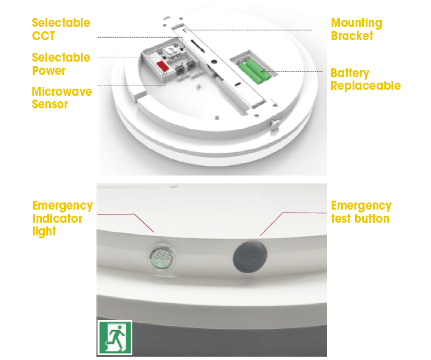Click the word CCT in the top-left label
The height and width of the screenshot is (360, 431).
click(44, 36)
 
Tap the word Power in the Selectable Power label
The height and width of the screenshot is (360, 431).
click(48, 71)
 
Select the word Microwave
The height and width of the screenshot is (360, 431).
click(62, 92)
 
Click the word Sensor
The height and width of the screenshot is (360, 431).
click(50, 104)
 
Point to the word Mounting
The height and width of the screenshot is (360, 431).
click(357, 23)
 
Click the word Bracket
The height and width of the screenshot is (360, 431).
click(352, 36)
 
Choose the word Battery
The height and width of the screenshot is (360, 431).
click(350, 74)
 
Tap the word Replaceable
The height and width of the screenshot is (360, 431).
click(366, 86)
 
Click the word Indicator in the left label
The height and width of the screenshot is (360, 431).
click(57, 219)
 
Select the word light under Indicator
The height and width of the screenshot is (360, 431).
click(44, 232)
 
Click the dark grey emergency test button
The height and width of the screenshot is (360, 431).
click(250, 257)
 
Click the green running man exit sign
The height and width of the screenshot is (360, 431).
click(115, 337)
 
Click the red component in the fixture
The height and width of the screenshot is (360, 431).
click(162, 66)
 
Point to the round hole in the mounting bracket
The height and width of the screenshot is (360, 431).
click(214, 62)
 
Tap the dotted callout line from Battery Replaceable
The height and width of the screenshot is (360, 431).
click(293, 71)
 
